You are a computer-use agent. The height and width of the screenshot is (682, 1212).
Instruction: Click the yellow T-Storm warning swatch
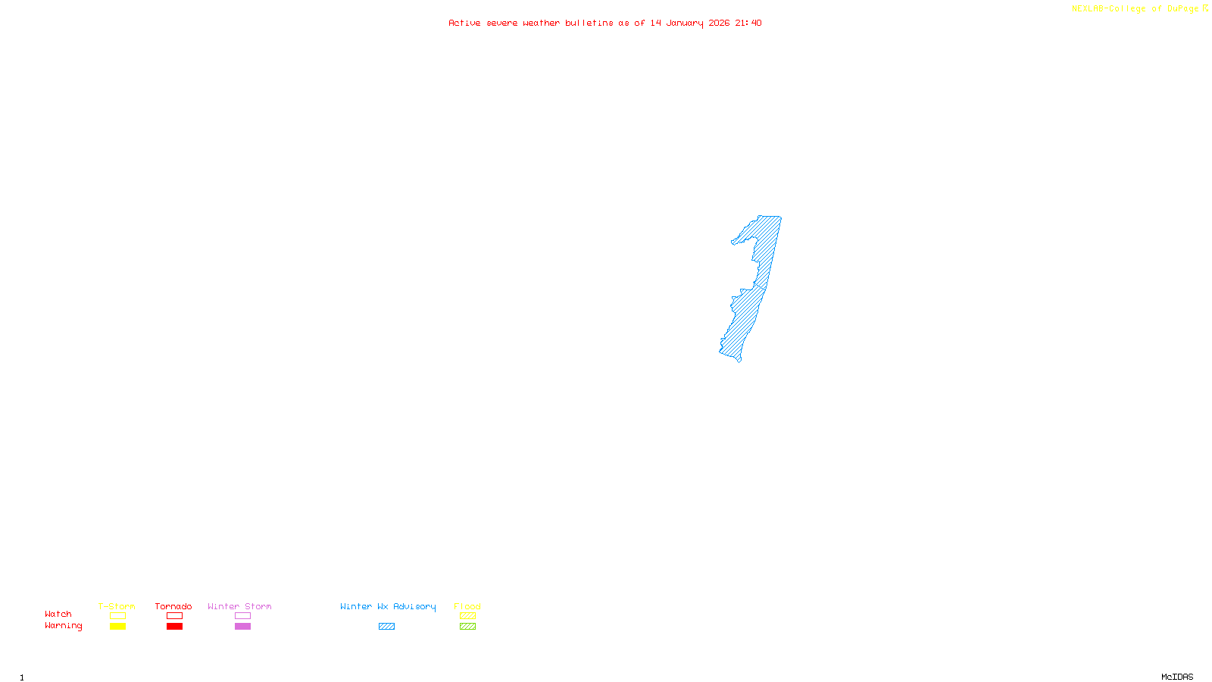(x=117, y=627)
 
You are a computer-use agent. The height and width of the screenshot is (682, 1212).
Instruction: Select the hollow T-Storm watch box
(x=117, y=616)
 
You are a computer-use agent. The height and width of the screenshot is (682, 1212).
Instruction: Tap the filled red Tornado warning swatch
(x=174, y=627)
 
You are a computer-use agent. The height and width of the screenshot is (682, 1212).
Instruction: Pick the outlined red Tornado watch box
(x=174, y=616)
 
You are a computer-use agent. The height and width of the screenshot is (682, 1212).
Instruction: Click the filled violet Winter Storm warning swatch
(x=242, y=627)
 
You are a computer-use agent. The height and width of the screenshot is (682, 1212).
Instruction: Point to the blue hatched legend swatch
(x=386, y=627)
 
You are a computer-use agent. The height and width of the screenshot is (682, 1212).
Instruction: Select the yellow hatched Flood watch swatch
(x=467, y=616)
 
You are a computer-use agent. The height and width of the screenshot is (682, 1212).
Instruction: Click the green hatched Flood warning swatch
(x=467, y=627)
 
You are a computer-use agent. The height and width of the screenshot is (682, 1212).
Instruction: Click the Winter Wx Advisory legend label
(x=388, y=606)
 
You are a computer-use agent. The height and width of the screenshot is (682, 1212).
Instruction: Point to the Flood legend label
(x=467, y=606)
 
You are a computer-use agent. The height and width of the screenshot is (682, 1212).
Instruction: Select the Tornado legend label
(x=173, y=606)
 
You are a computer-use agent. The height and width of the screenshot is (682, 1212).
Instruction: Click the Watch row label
(x=58, y=615)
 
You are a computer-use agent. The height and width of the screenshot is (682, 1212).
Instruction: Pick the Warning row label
(x=63, y=626)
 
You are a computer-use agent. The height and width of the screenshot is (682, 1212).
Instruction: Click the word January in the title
(x=685, y=23)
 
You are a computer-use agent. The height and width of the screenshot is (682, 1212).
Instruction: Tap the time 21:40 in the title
(x=748, y=23)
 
